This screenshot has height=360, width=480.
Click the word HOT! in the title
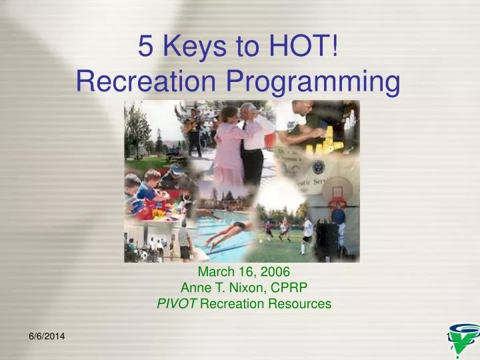pyautogui.click(x=302, y=46)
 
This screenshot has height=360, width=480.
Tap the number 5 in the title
pyautogui.click(x=146, y=46)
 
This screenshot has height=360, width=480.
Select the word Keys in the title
pyautogui.click(x=192, y=46)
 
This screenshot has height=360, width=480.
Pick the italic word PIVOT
pyautogui.click(x=177, y=305)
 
